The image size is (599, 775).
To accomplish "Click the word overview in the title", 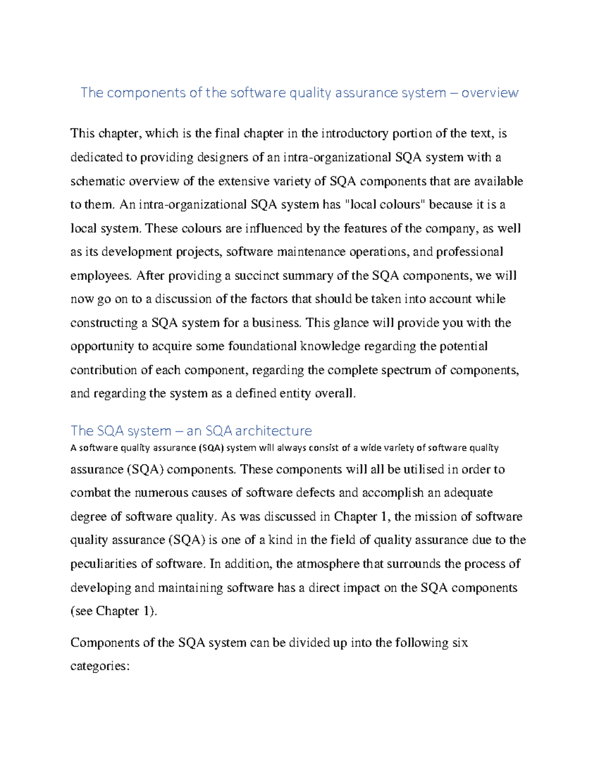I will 490,93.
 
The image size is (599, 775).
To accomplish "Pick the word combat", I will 90,493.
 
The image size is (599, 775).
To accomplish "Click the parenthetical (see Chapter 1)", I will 114,611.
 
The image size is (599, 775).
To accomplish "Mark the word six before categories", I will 460,643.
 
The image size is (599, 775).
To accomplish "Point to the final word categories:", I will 100,667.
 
